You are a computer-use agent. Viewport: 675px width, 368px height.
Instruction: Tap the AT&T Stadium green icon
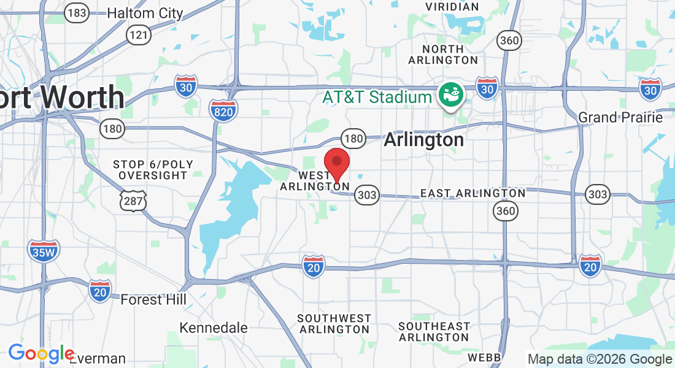(451, 95)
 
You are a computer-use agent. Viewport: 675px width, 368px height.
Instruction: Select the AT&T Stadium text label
(378, 97)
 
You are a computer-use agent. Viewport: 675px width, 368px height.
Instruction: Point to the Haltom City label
(145, 13)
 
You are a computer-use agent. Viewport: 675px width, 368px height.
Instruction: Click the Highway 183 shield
(78, 13)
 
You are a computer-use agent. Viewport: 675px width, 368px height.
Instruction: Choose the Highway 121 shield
(139, 35)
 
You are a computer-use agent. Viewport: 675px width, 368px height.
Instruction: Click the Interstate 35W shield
(43, 250)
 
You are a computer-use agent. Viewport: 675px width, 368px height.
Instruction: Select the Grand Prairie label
(621, 117)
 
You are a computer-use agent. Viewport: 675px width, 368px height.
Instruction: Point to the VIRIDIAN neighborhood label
(452, 7)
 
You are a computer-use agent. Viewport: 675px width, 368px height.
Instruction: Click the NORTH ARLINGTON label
(443, 55)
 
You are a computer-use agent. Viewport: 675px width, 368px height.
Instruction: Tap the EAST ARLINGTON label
(472, 193)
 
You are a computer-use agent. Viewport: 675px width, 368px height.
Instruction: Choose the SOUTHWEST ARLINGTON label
(334, 324)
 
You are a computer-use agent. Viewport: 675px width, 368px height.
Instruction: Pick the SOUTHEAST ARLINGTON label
(434, 332)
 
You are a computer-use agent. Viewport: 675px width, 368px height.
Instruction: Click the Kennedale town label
(214, 328)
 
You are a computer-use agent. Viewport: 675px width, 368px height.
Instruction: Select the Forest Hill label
(153, 300)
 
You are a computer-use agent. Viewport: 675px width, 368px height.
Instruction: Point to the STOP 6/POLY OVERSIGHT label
(153, 170)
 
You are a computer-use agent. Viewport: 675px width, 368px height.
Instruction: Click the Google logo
(40, 354)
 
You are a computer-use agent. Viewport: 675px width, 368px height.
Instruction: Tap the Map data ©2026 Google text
(600, 359)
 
